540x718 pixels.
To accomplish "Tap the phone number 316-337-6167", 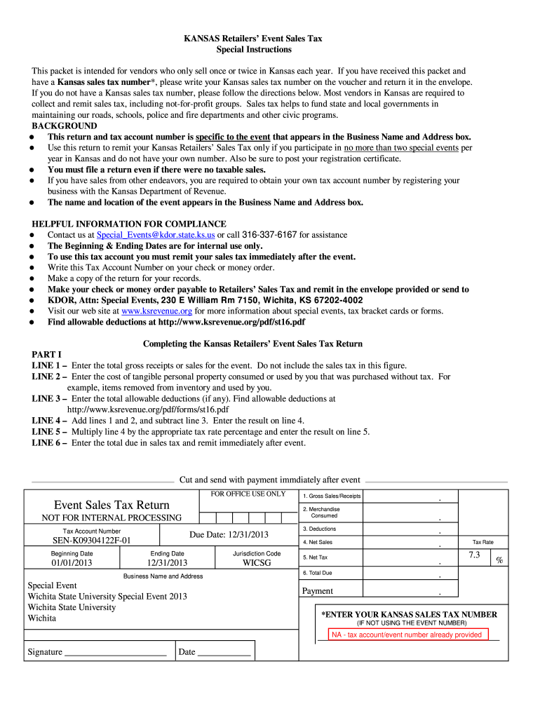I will pos(269,235).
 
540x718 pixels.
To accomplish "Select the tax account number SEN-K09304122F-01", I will pos(92,541).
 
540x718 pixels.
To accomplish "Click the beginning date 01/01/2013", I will pos(72,562).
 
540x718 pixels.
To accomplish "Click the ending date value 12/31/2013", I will pos(167,562).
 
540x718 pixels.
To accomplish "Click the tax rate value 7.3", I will pos(474,555).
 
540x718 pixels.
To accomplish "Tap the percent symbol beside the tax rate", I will pos(499,560).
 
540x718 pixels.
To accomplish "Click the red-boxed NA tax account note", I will pos(407,635).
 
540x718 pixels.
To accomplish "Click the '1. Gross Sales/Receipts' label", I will pos(332,496).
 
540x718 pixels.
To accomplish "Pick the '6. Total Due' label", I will pos(318,573).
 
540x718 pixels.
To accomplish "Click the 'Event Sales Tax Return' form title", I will pos(112,505).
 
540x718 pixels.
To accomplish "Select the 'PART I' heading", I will pos(47,354).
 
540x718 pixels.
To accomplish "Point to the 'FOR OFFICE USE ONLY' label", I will pos(248,494).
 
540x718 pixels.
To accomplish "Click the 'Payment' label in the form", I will pos(318,591).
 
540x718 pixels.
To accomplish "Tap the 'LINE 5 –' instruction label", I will pos(50,431).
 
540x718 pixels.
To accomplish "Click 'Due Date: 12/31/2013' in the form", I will pos(229,535).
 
